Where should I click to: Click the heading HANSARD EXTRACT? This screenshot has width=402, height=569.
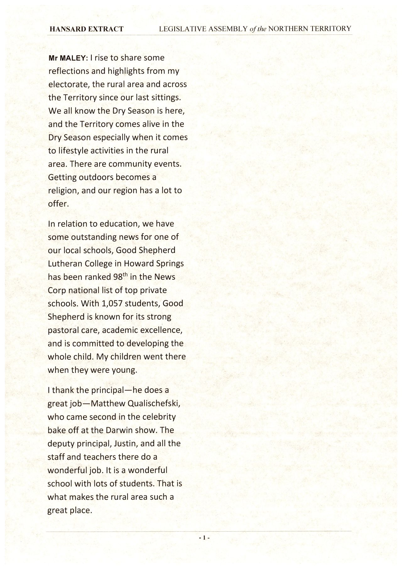tap(86, 29)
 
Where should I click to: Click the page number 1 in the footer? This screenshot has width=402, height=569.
tap(204, 538)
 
